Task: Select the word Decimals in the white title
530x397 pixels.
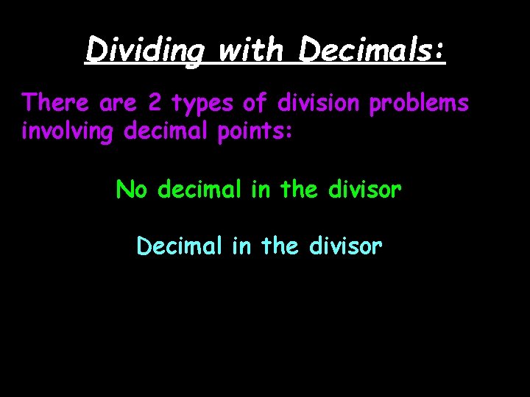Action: (x=372, y=50)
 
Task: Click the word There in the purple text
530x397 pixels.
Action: (x=56, y=104)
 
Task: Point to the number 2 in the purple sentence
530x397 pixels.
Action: (x=155, y=104)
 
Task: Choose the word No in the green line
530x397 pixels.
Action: (x=132, y=190)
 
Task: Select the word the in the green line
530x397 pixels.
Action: (x=297, y=190)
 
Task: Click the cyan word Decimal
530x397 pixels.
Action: (x=179, y=246)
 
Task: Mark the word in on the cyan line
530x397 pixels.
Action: (x=241, y=246)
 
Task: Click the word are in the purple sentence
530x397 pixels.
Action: (x=116, y=104)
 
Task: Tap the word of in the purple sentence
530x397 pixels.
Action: (x=256, y=104)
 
